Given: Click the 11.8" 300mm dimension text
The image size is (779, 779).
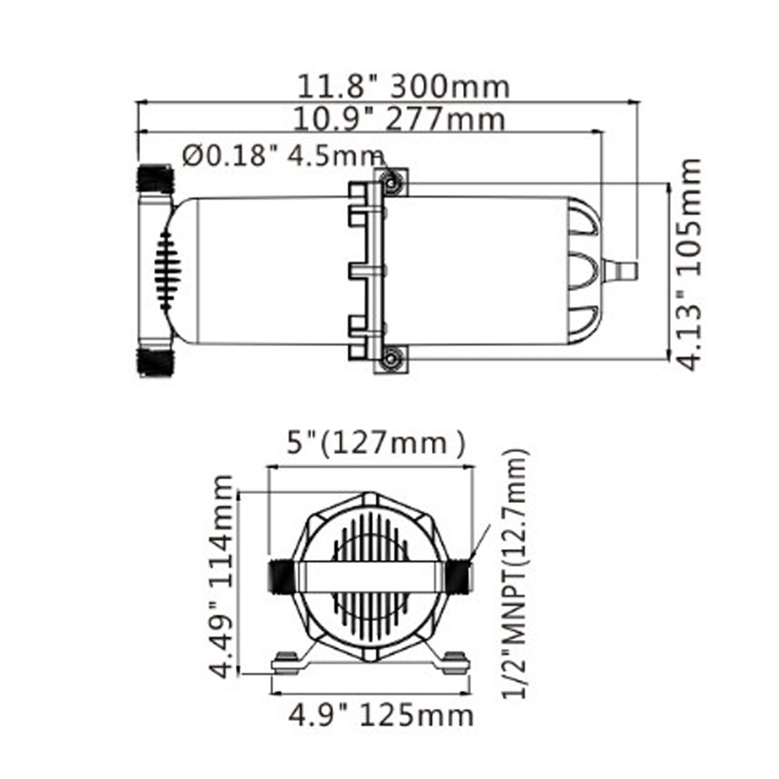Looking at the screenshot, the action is (x=403, y=87).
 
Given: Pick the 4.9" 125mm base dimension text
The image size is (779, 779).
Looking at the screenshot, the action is (x=381, y=716).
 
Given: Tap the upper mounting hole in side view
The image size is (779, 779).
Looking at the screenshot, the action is (x=390, y=183).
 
